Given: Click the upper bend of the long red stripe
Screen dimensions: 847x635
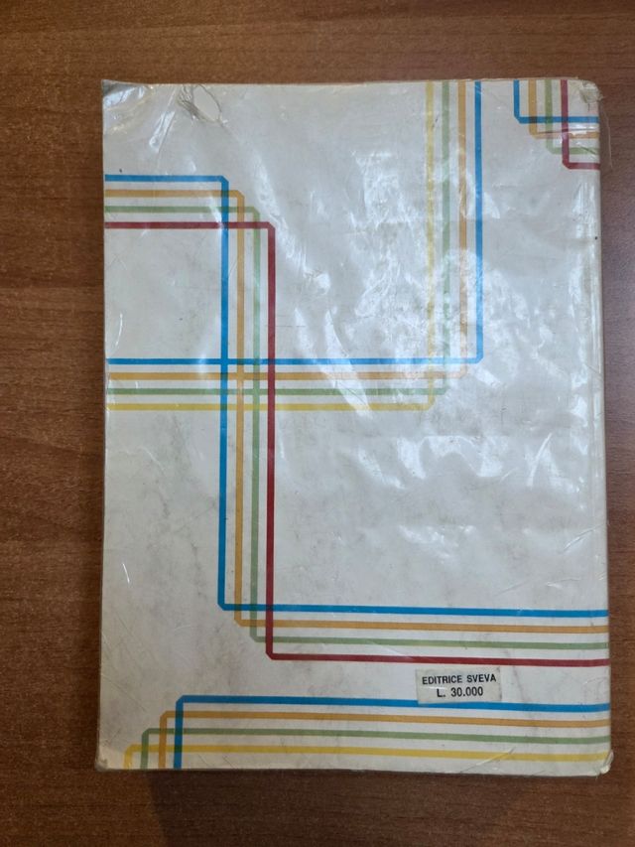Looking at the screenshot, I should click(269, 227).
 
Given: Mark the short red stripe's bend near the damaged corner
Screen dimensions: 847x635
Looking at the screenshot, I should click(568, 163).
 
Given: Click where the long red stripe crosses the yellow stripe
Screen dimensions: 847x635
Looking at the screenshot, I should click(270, 405).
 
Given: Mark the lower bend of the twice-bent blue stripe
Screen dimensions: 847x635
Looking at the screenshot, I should click(224, 608).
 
